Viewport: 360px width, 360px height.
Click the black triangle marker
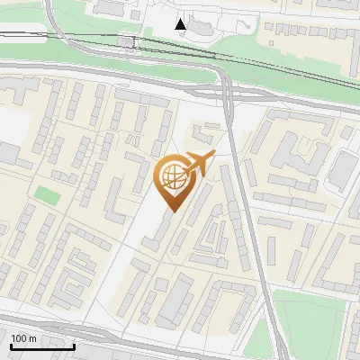click(x=181, y=24)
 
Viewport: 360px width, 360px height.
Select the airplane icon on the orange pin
click(x=199, y=163)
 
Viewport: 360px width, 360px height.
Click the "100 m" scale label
click(x=23, y=338)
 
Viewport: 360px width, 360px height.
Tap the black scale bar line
click(x=42, y=346)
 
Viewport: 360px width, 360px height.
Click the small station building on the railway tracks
click(x=128, y=41)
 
